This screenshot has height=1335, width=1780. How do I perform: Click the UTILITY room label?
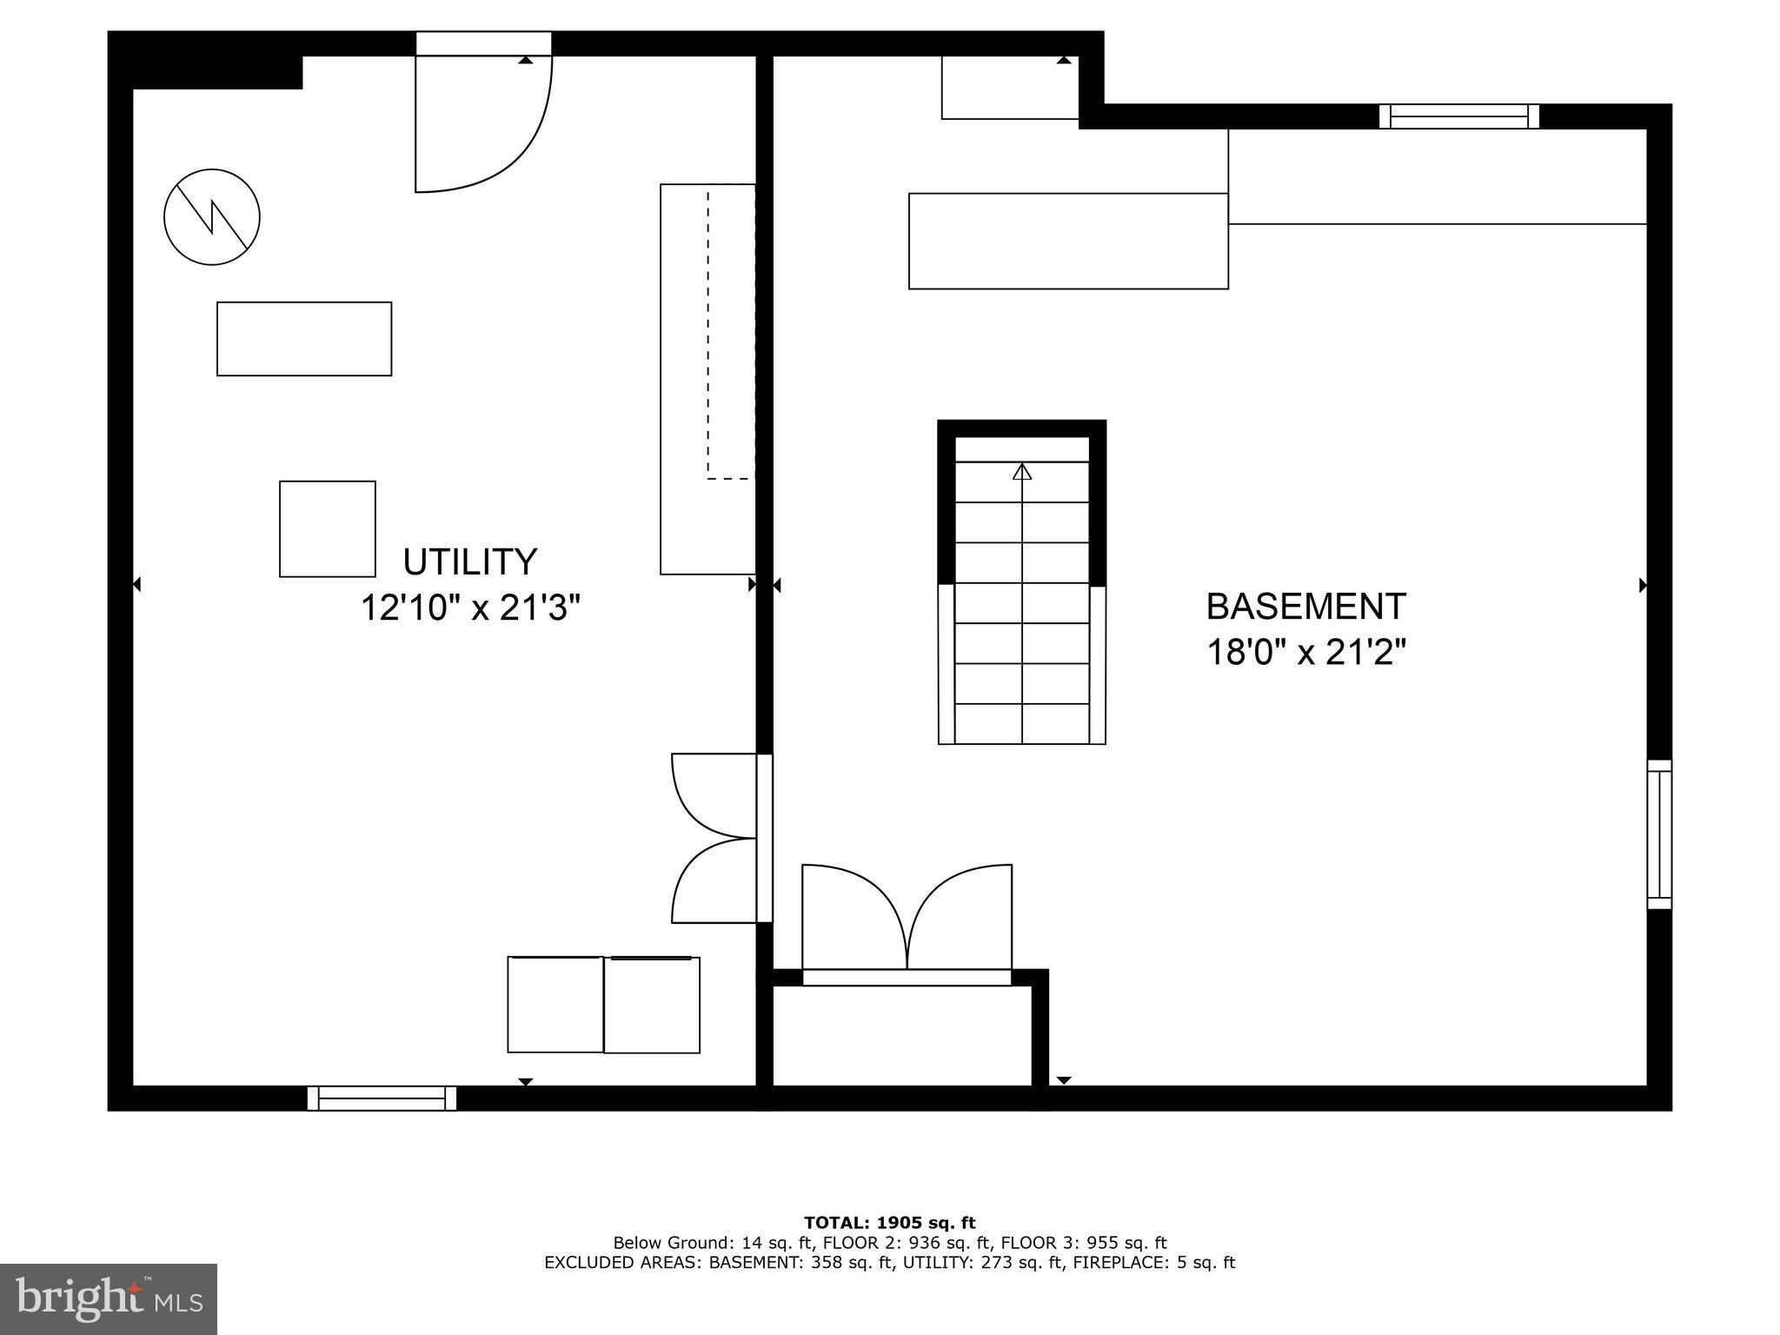pos(470,562)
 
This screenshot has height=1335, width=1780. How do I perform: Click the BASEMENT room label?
pos(1305,607)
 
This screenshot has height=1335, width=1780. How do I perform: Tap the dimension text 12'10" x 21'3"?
pos(470,608)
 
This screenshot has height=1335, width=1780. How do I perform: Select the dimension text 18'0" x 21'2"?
pos(1305,652)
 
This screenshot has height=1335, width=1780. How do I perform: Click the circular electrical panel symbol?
pos(212,216)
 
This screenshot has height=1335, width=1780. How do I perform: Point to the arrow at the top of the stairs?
pos(1022,472)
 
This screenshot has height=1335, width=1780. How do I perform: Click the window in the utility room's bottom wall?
pos(382,1098)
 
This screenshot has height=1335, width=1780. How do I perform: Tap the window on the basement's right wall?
pos(1659,834)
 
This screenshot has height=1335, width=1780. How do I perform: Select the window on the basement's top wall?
pos(1458,116)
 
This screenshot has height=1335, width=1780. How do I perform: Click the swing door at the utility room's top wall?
pos(483,122)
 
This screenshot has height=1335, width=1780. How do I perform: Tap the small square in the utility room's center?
pos(328,528)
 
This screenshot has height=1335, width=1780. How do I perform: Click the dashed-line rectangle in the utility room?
pos(730,332)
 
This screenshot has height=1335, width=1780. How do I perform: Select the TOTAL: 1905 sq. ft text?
pos(889,1224)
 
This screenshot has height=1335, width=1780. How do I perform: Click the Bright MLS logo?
pos(108,1299)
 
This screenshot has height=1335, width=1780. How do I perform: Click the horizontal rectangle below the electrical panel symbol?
pos(304,339)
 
